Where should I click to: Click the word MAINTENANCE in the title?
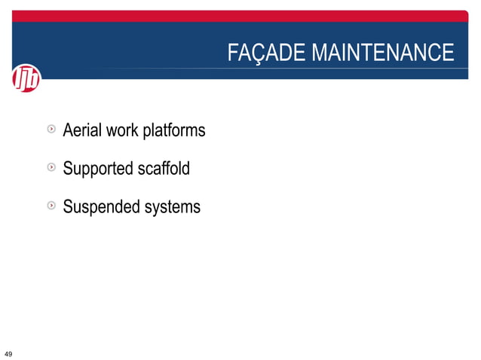382,53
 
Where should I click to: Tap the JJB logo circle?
26,78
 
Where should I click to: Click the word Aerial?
82,130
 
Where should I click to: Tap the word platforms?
173,131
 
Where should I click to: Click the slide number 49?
8,353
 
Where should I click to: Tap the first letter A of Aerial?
68,130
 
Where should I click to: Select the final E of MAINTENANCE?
448,53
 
